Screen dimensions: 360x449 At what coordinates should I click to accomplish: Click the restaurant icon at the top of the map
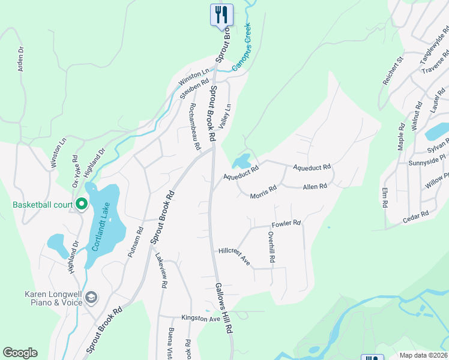tap(221, 14)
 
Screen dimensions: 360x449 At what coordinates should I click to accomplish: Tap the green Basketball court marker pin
tap(80, 205)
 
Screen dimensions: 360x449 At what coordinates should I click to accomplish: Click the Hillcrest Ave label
tap(234, 256)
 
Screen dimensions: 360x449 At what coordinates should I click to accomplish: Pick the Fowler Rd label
tap(286, 224)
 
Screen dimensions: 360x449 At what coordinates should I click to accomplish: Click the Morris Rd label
tap(263, 192)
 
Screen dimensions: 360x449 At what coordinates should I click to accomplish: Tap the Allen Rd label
tap(315, 187)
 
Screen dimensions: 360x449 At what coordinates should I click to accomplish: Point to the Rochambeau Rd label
tap(194, 126)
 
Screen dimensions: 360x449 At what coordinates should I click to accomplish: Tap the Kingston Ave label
tap(202, 318)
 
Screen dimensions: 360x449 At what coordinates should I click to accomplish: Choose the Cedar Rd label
tap(415, 217)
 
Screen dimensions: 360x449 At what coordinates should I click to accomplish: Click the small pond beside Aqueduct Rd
tap(242, 161)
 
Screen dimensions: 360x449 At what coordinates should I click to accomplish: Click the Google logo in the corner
tap(20, 353)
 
